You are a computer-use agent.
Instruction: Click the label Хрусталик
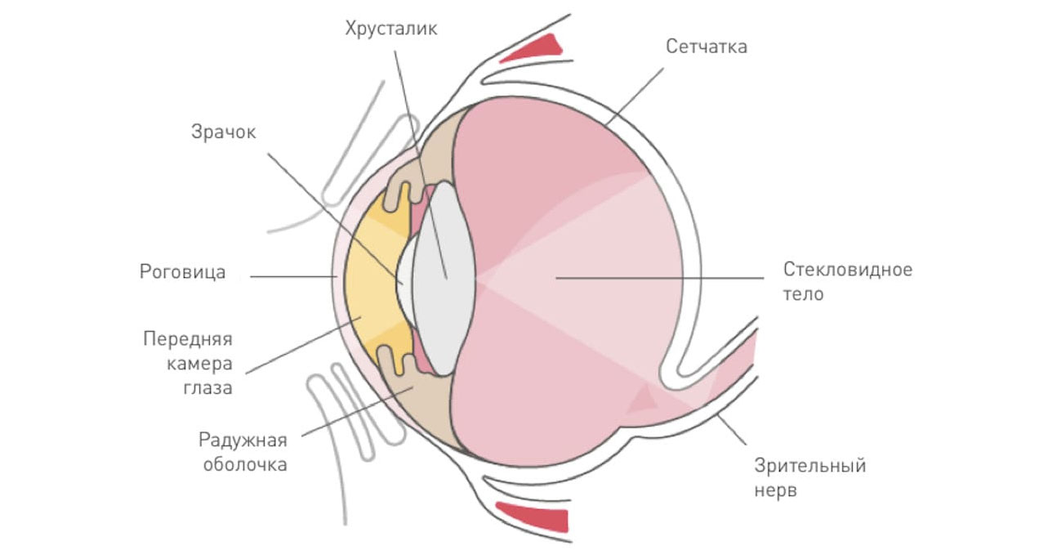click(391, 29)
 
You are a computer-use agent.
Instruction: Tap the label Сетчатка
click(706, 46)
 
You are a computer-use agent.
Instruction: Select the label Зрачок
click(223, 131)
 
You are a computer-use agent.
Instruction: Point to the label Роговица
click(182, 271)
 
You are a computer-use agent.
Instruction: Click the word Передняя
click(188, 338)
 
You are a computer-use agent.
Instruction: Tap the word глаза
click(207, 388)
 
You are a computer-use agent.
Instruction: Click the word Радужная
click(243, 440)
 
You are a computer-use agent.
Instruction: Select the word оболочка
click(243, 465)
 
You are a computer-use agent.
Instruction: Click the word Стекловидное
click(847, 270)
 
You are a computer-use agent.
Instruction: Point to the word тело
click(803, 294)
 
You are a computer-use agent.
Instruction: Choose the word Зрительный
click(809, 467)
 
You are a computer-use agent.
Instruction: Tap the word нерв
click(775, 492)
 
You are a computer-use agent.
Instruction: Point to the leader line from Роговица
click(294, 276)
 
